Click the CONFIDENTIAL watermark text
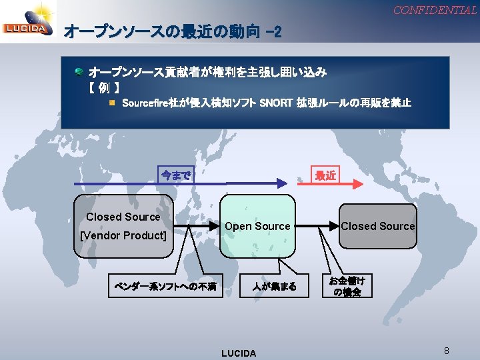coord(434,10)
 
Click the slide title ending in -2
coord(173,31)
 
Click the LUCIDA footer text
coord(238,353)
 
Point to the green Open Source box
coord(257,226)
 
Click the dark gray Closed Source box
coord(377,226)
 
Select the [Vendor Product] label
coord(123,235)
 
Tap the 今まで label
coord(175,175)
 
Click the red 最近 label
coord(325,175)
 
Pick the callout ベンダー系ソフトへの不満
coord(165,287)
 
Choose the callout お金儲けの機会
coord(347,286)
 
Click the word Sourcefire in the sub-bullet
coord(145,103)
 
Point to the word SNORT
coord(274,103)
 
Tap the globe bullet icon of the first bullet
coord(79,71)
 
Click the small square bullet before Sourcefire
coord(113,103)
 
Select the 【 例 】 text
coord(103,87)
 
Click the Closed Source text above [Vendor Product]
coord(123,217)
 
